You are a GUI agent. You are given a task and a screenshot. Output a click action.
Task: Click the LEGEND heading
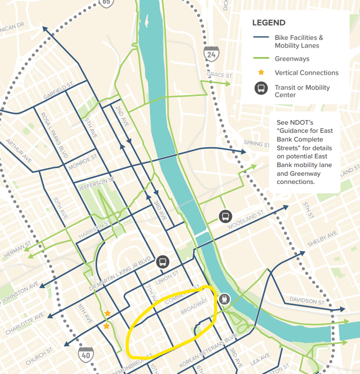(x=269, y=23)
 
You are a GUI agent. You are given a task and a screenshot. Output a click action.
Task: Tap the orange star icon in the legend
(x=261, y=73)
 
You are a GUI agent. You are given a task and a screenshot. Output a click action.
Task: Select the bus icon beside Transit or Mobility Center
(x=261, y=88)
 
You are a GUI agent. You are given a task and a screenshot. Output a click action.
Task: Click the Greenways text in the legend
(x=292, y=59)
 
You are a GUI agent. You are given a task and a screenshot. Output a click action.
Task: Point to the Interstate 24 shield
(x=210, y=53)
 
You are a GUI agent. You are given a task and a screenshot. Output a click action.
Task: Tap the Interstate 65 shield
(x=106, y=3)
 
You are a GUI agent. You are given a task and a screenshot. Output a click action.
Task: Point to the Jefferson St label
(x=93, y=181)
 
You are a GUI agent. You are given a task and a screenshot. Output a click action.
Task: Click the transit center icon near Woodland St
(x=225, y=216)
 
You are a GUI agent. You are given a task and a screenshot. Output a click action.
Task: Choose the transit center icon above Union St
(x=162, y=262)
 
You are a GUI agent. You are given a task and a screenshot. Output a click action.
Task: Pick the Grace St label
(x=220, y=76)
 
